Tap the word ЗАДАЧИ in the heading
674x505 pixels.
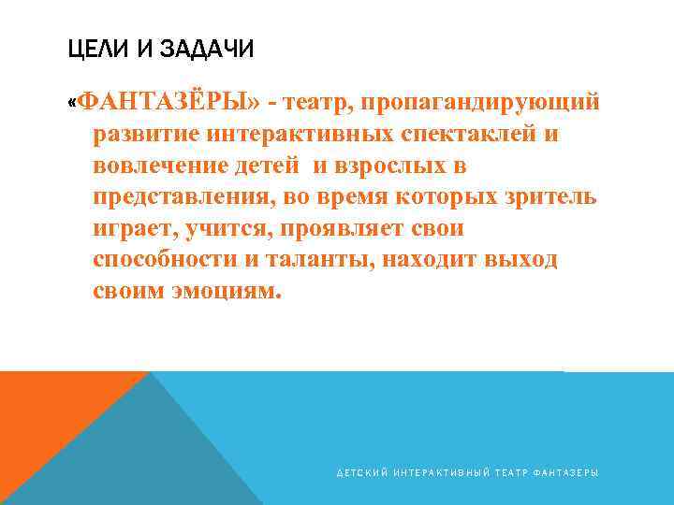pyautogui.click(x=204, y=49)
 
